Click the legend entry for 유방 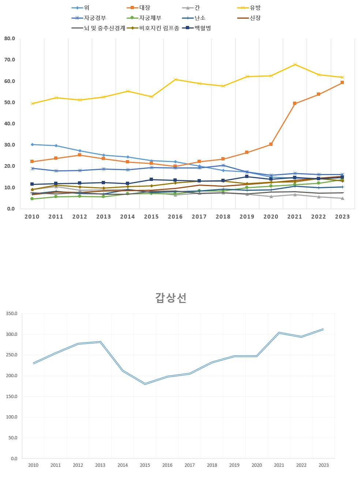(x=255, y=8)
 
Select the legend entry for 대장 (x=145, y=8)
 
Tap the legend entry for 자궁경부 (x=95, y=18)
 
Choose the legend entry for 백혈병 (x=203, y=28)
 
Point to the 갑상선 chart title (x=171, y=298)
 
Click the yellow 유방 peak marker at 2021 (x=295, y=65)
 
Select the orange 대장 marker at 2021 (x=295, y=103)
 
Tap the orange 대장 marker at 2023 (x=342, y=83)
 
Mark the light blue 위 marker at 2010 (x=32, y=144)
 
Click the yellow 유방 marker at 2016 (x=175, y=79)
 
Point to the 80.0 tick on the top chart (x=10, y=38)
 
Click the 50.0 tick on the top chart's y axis (x=10, y=102)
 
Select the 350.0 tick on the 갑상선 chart (x=12, y=314)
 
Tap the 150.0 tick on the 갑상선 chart (x=12, y=396)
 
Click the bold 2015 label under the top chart (x=151, y=217)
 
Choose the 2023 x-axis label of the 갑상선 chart (x=323, y=465)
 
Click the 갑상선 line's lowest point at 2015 (x=145, y=384)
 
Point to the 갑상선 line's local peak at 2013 (x=100, y=342)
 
